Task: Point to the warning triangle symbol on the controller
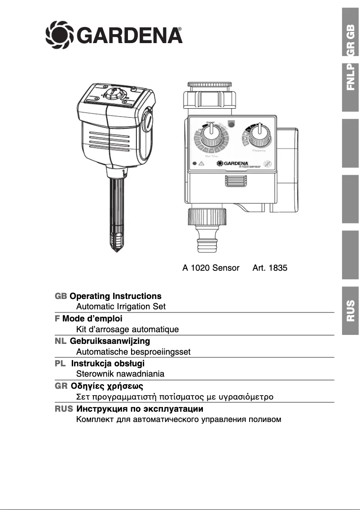tap(202, 164)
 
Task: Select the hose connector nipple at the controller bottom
tap(206, 242)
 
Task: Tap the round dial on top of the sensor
tap(112, 95)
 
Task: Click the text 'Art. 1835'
tap(270, 268)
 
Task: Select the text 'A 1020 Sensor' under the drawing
tap(211, 268)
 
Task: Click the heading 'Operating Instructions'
tap(115, 296)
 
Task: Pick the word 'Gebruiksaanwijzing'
tap(110, 341)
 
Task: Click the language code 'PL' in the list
tap(60, 363)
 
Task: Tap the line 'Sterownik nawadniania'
tap(120, 374)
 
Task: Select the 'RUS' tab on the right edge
tap(351, 310)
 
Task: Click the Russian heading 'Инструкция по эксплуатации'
tap(140, 409)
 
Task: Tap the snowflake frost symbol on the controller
tap(267, 164)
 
